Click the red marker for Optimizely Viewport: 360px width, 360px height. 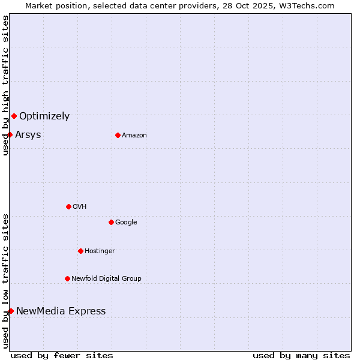click(x=14, y=116)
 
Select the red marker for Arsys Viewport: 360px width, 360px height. click(x=10, y=134)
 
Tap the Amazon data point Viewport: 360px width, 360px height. click(x=118, y=135)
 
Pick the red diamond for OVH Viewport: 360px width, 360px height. click(x=68, y=206)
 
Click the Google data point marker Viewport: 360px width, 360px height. click(x=111, y=222)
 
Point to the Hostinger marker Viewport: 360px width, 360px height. click(x=80, y=251)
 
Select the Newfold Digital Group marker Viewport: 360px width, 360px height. click(x=67, y=278)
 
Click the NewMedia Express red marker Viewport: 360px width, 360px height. click(x=11, y=311)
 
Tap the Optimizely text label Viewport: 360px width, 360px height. click(x=44, y=116)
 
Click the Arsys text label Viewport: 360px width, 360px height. click(x=28, y=134)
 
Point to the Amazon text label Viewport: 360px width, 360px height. click(x=134, y=135)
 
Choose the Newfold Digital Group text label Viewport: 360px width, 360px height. click(x=106, y=278)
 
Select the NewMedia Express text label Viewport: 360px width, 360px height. click(x=61, y=311)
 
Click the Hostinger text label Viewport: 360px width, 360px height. click(x=100, y=251)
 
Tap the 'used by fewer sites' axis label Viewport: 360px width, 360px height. click(x=62, y=355)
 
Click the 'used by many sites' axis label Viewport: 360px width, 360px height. click(x=301, y=355)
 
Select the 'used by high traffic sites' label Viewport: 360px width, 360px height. click(x=5, y=85)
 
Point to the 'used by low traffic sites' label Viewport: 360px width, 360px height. click(x=5, y=281)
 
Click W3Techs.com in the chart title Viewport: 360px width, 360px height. click(x=310, y=5)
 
